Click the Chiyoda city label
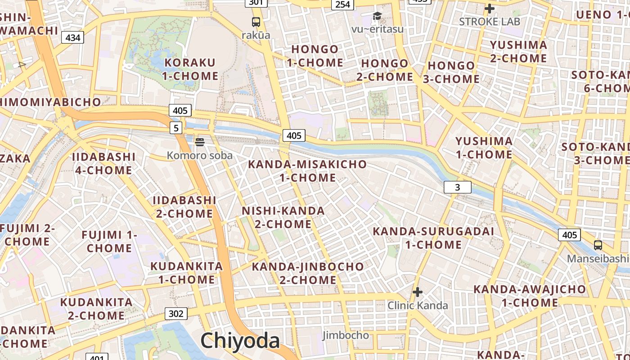coord(240,341)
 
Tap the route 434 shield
coord(73,37)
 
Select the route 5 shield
coord(176,128)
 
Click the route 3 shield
coord(457,187)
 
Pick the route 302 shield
coord(176,314)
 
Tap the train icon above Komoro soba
coord(200,142)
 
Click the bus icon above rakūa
coord(256,21)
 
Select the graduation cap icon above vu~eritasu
coord(377,16)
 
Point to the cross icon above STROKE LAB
coord(489,8)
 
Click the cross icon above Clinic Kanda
coord(418,292)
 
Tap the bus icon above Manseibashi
coord(598,245)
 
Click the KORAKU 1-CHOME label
coord(190,69)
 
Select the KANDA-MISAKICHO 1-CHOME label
coord(307,171)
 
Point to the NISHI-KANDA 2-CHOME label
coord(283,217)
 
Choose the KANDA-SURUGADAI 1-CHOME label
coord(433,238)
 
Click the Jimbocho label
coord(346,335)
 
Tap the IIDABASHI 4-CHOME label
coord(103,163)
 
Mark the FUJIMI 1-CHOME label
coord(109,242)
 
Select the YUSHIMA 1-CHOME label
coord(484,148)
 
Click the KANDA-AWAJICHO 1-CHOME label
coord(530,296)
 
